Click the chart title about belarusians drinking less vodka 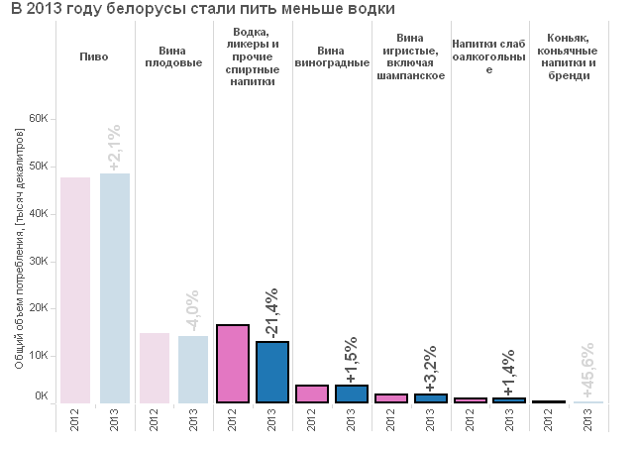pos(203,8)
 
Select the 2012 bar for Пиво pos(75,290)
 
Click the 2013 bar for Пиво pos(115,288)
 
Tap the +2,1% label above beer pos(115,147)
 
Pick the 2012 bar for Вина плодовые pos(155,368)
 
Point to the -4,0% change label pos(192,310)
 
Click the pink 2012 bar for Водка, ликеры pos(233,364)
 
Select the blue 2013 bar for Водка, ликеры pos(272,373)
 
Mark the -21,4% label pos(272,313)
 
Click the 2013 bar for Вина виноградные pos(352,394)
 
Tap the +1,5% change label pos(352,360)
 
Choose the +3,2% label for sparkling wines pos(431,369)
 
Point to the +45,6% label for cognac pos(588,370)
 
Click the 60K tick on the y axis pos(39,119)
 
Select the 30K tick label pos(39,261)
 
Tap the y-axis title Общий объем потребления pos(19,249)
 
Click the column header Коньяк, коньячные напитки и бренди pos(568,56)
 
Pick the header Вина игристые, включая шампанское pos(410,56)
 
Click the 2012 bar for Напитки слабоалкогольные pos(470,400)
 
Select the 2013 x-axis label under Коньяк pos(588,420)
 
